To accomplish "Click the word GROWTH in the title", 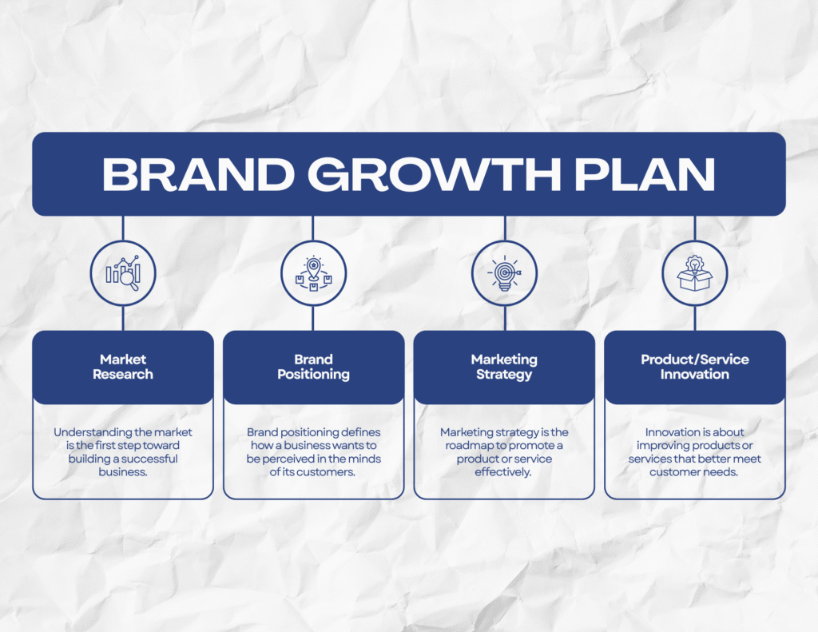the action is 434,174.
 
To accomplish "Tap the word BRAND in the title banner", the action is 198,174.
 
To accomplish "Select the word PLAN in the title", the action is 645,174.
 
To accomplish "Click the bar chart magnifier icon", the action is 123,273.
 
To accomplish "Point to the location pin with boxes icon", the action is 313,273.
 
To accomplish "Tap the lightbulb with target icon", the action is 504,273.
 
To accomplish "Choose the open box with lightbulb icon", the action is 694,273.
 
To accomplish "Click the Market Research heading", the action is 123,367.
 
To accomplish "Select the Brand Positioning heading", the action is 313,367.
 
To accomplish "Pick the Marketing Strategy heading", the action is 504,367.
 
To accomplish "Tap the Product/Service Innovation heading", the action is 694,367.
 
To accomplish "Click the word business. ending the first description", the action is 123,471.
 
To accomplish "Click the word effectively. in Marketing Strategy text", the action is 503,472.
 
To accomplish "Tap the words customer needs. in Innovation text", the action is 694,472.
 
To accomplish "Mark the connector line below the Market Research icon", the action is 123,318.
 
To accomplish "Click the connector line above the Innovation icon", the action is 695,229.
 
